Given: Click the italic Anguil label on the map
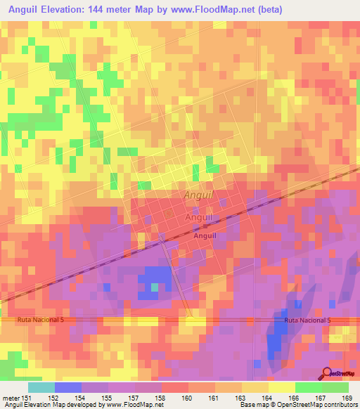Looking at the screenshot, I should click(x=198, y=195).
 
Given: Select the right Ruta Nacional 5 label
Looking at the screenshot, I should click(x=307, y=320).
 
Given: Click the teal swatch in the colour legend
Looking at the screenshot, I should click(x=41, y=387).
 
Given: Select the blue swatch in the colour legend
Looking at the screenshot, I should click(x=67, y=387).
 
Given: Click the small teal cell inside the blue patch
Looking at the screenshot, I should click(x=154, y=286).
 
